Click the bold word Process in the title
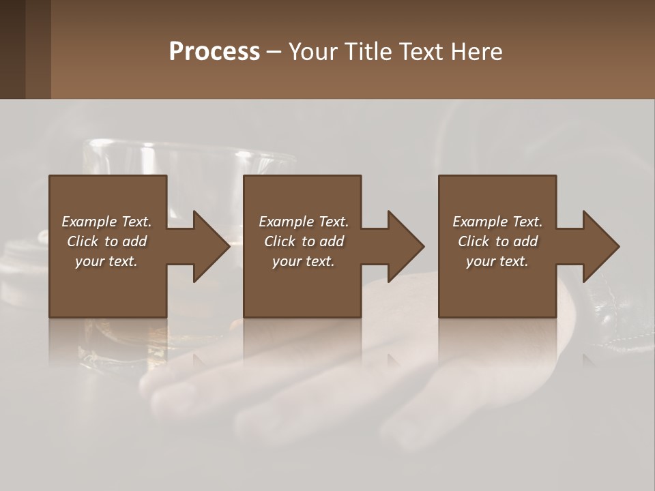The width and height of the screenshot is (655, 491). (214, 52)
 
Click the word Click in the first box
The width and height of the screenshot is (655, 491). (83, 241)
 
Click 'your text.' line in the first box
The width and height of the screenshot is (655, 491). (106, 261)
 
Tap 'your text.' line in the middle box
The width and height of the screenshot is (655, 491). (304, 261)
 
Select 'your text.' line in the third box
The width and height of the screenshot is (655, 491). (497, 261)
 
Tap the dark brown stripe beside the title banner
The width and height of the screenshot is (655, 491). (12, 49)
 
